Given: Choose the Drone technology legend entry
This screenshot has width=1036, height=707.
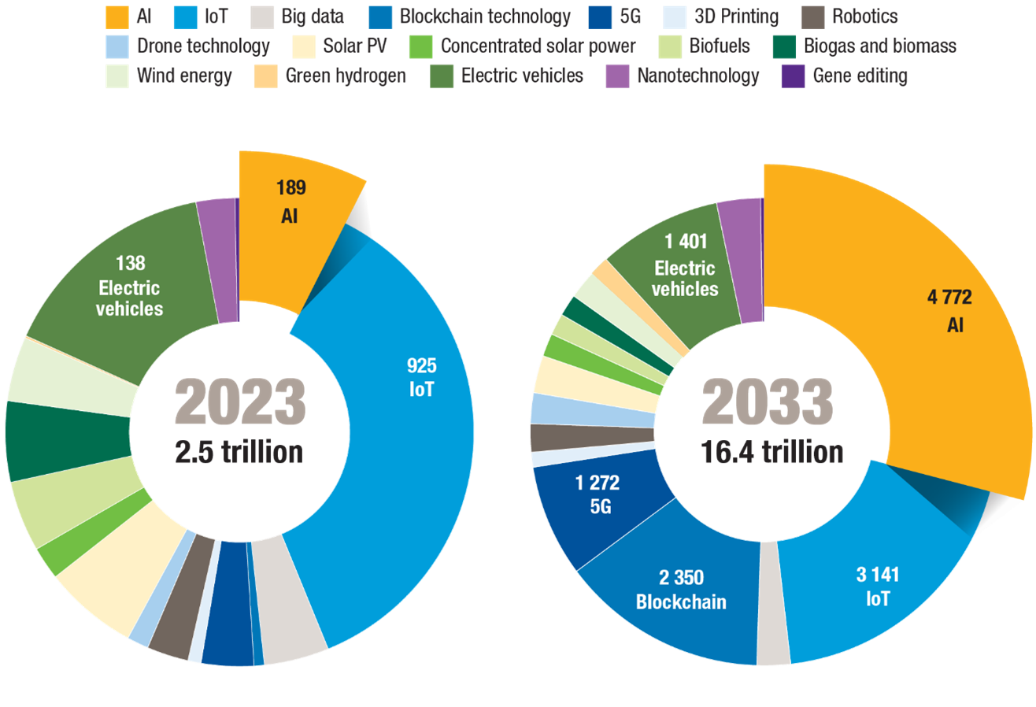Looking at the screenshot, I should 203,46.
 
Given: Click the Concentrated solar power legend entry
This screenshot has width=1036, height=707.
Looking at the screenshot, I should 538,46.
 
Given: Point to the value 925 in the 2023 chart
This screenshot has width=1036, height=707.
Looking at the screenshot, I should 421,365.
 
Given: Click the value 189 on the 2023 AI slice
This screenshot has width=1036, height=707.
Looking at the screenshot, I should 290,188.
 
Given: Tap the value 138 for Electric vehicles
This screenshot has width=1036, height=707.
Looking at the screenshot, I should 130,263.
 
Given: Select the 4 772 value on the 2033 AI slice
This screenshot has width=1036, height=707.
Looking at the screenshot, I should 949,298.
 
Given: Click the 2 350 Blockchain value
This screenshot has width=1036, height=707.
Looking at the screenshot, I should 681,576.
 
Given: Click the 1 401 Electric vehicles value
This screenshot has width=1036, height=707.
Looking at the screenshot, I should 685,242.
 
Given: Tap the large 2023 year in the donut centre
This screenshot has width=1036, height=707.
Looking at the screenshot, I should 240,401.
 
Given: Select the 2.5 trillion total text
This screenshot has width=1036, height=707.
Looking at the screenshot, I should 239,453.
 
